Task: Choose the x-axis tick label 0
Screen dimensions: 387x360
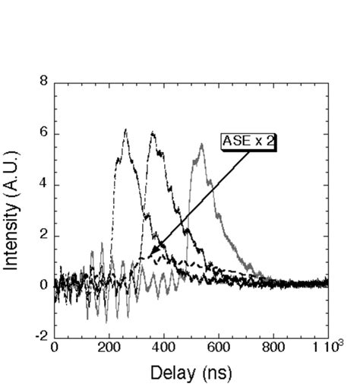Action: coord(55,347)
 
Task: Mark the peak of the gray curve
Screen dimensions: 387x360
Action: coord(202,144)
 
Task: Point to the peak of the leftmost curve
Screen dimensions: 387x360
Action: coord(125,130)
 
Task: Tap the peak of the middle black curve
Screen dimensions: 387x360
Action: coord(153,133)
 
